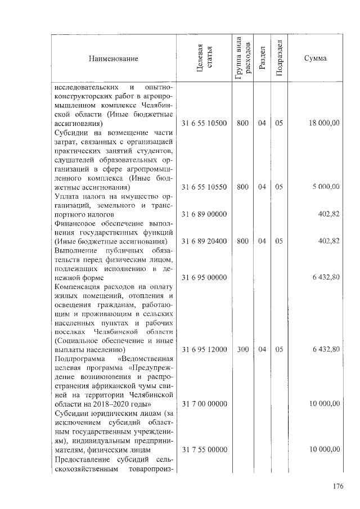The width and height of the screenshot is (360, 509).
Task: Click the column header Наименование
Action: click(112, 58)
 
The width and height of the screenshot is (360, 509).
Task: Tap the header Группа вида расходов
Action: click(242, 58)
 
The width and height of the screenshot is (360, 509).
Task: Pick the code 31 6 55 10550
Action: click(204, 187)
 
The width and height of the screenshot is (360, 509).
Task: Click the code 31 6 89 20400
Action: click(204, 241)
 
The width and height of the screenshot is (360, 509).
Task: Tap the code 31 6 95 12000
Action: click(204, 349)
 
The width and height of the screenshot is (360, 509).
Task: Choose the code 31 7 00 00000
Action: click(204, 404)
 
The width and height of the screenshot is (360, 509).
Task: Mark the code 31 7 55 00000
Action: click(204, 449)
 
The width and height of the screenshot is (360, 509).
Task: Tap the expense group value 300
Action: click(242, 349)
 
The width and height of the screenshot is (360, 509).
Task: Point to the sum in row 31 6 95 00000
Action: click(326, 277)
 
